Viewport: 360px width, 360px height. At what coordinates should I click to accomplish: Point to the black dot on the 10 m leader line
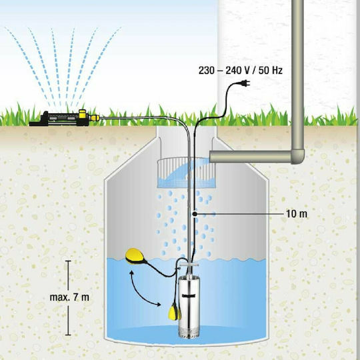coord(193,213)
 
